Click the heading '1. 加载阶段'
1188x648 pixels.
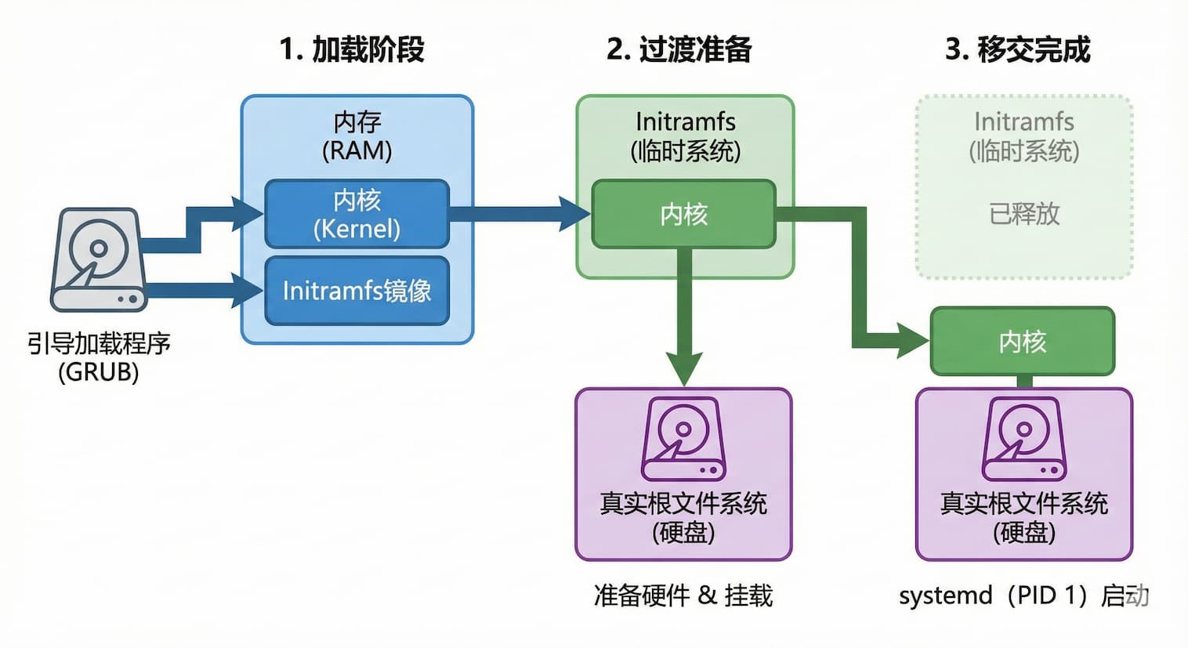tap(352, 49)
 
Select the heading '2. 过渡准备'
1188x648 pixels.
tap(679, 49)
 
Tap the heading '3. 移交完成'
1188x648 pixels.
tap(1017, 49)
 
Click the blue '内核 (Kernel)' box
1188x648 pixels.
tap(357, 214)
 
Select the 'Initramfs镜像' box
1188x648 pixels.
tap(357, 291)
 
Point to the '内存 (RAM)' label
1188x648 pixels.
tap(357, 136)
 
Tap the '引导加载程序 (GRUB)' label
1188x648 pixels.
tap(98, 357)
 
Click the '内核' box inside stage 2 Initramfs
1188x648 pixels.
tap(683, 214)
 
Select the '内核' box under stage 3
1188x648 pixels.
tap(1022, 342)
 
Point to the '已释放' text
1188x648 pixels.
tap(1023, 213)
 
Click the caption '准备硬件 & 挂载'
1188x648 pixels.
tap(683, 596)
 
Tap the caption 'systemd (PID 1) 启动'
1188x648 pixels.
tap(1023, 596)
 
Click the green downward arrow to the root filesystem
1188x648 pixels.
tap(684, 321)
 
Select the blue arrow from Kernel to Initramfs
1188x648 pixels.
tap(517, 214)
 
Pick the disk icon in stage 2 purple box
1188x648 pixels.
tap(683, 439)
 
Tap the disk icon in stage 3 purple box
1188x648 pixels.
tap(1023, 439)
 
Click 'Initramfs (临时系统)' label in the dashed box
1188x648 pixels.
tap(1023, 136)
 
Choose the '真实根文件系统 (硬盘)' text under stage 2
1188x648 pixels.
tap(683, 517)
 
